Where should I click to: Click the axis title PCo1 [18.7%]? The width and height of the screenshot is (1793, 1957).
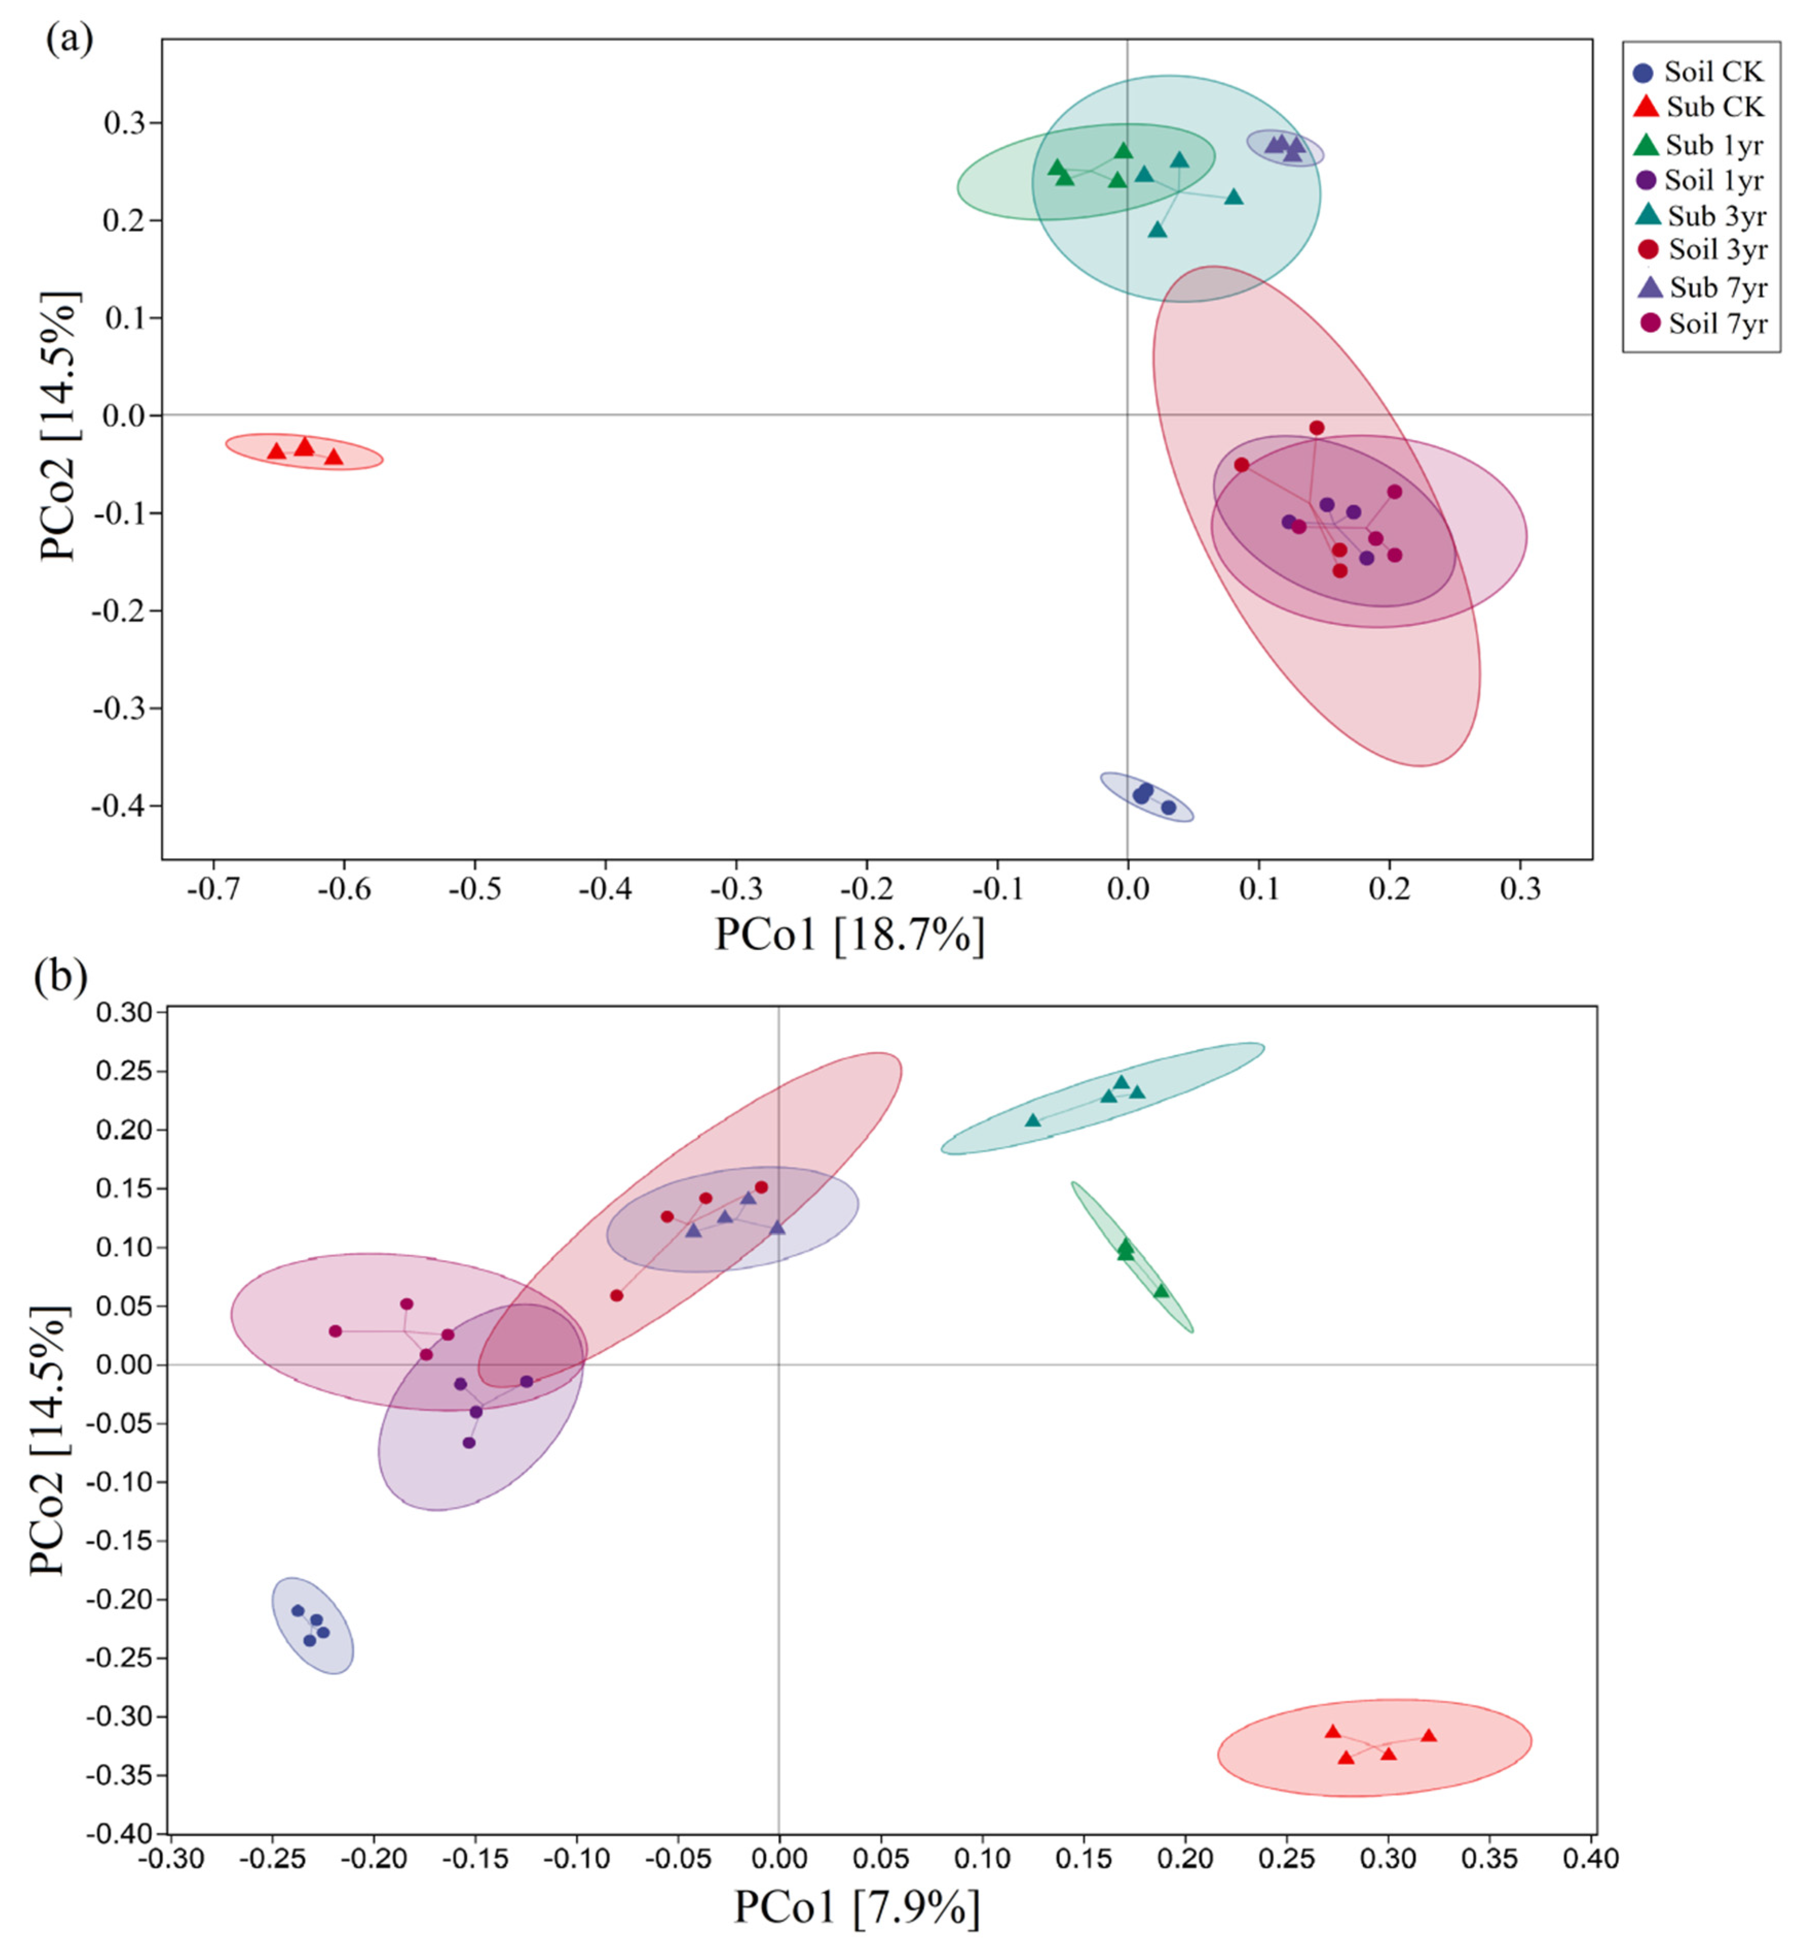pos(850,934)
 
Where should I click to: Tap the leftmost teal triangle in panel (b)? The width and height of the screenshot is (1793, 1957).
pos(1033,1120)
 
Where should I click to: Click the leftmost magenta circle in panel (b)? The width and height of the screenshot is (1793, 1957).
pos(335,1331)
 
